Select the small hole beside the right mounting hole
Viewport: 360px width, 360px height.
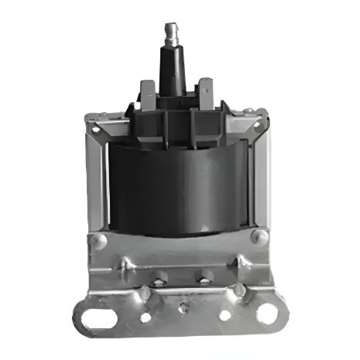click(225, 315)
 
